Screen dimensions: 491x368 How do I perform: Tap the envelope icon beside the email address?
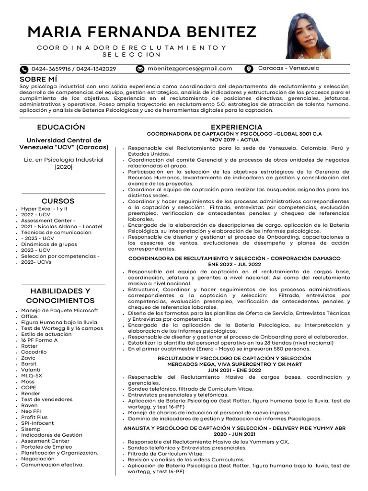pos(140,69)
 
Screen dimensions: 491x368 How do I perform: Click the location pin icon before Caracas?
pos(249,69)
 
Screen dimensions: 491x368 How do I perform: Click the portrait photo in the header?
pos(308,36)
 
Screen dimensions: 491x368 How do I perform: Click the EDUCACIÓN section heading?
pos(61,127)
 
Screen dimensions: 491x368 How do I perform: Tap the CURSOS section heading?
pos(57,201)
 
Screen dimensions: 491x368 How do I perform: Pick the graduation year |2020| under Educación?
pos(63,167)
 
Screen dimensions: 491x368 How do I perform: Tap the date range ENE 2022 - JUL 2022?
pos(234,264)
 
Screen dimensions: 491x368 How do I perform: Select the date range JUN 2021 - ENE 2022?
pos(234,370)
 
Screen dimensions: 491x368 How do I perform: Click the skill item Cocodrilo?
pos(34,352)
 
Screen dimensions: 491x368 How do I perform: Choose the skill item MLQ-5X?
pos(32,375)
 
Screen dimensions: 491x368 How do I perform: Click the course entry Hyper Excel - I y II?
pos(44,209)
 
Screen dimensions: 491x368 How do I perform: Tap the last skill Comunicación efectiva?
pos(52,465)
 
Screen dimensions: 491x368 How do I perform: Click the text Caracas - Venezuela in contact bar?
pos(288,69)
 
